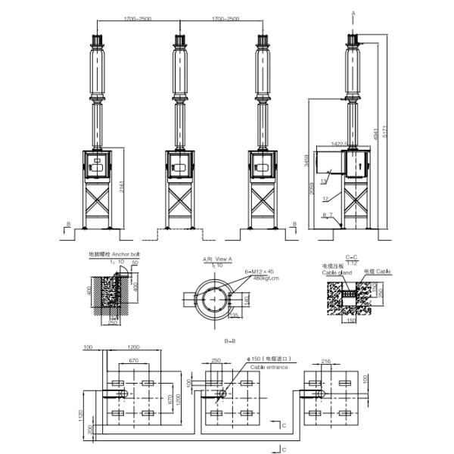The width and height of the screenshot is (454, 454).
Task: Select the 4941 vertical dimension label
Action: coord(376,135)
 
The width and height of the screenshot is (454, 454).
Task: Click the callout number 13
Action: coord(322,182)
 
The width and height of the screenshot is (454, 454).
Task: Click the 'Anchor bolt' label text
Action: coord(124,253)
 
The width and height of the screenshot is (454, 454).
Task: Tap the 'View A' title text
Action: coord(223,259)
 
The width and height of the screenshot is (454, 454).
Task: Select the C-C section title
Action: coord(353,258)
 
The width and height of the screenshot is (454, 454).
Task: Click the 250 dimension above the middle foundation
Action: coord(218,360)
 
